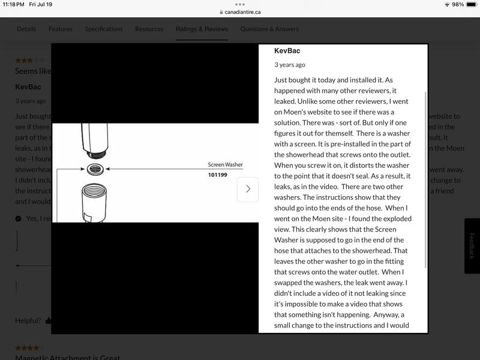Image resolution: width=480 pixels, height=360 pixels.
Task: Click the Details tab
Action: coord(26,29)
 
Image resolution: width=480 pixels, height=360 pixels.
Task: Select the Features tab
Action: coord(61,29)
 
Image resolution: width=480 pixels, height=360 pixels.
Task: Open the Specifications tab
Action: coord(104,29)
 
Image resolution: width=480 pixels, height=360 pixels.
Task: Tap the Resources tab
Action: coord(149,29)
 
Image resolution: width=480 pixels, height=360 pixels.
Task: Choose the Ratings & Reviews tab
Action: coord(202,29)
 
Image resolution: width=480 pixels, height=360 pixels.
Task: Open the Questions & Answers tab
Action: coord(269,29)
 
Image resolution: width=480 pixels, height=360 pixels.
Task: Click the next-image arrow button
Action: coord(248,189)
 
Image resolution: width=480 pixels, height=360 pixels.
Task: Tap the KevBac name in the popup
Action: coord(287,51)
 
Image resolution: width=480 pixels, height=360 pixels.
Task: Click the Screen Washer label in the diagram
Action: coord(224,164)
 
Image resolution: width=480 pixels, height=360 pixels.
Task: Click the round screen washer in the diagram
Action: coord(95,169)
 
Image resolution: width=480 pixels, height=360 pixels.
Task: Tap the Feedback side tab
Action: coord(472,245)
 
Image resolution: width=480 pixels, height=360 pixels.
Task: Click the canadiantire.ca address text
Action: coord(243,12)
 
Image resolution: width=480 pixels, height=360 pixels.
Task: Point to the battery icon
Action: coord(470,4)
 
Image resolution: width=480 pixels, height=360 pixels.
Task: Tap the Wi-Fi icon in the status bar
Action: coord(447,4)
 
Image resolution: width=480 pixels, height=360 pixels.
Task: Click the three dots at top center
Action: coord(240,4)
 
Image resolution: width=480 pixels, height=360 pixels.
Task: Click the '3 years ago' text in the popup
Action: coord(290,65)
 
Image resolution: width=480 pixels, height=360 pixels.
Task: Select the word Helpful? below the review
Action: coord(28,320)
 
